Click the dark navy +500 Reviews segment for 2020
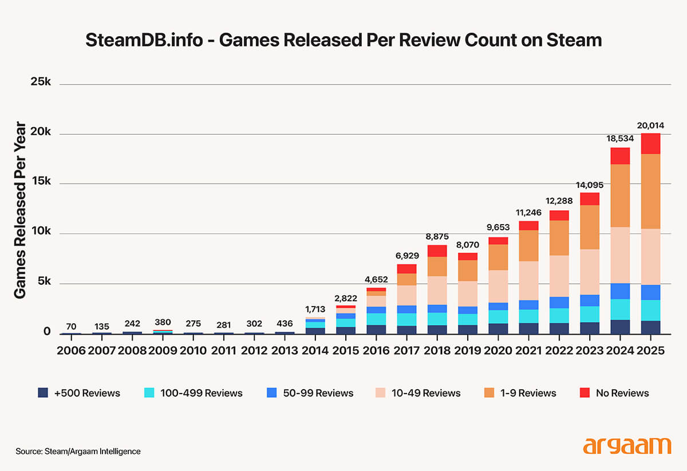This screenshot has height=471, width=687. point(498,328)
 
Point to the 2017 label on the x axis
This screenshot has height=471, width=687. point(406,350)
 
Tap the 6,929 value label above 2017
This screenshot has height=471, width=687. point(406,256)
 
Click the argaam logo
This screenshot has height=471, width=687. point(627,446)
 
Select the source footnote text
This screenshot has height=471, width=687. point(78,452)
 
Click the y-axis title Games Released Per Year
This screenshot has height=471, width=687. point(21,210)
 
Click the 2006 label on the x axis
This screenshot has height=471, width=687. point(71,350)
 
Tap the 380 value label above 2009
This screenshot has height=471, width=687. point(163,322)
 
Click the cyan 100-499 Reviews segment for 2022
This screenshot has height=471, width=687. point(559,316)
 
